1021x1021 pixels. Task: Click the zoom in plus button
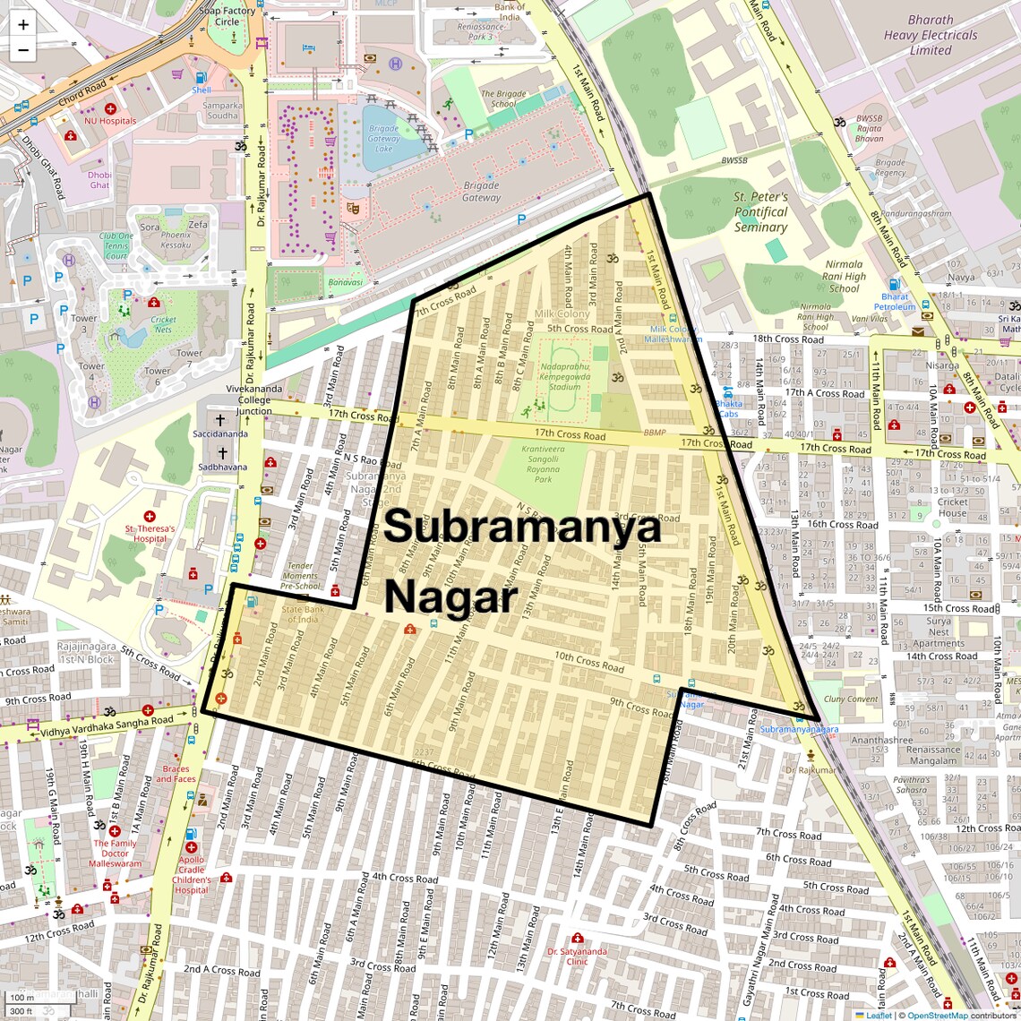pyautogui.click(x=23, y=25)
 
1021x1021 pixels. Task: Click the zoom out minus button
pyautogui.click(x=23, y=50)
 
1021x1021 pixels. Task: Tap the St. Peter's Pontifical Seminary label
pyautogui.click(x=760, y=212)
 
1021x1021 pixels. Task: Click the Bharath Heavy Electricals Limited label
pyautogui.click(x=931, y=35)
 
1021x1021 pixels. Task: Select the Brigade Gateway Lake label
pyautogui.click(x=383, y=139)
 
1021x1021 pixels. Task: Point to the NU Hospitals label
pyautogui.click(x=110, y=121)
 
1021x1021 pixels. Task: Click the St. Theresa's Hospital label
pyautogui.click(x=150, y=534)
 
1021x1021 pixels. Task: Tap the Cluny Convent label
pyautogui.click(x=850, y=699)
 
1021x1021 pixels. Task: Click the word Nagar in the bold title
pyautogui.click(x=450, y=597)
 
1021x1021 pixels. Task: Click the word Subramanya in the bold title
pyautogui.click(x=523, y=527)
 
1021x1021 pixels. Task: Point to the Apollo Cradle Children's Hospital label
pyautogui.click(x=191, y=874)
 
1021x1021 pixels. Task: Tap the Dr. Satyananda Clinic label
pyautogui.click(x=577, y=957)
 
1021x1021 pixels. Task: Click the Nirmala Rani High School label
pyautogui.click(x=844, y=276)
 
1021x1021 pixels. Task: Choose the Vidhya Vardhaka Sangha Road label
pyautogui.click(x=107, y=726)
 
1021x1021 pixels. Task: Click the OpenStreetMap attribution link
pyautogui.click(x=937, y=1015)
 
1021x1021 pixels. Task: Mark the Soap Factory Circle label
pyautogui.click(x=227, y=16)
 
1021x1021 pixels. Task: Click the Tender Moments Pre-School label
pyautogui.click(x=300, y=576)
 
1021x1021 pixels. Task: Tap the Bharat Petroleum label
pyautogui.click(x=895, y=302)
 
